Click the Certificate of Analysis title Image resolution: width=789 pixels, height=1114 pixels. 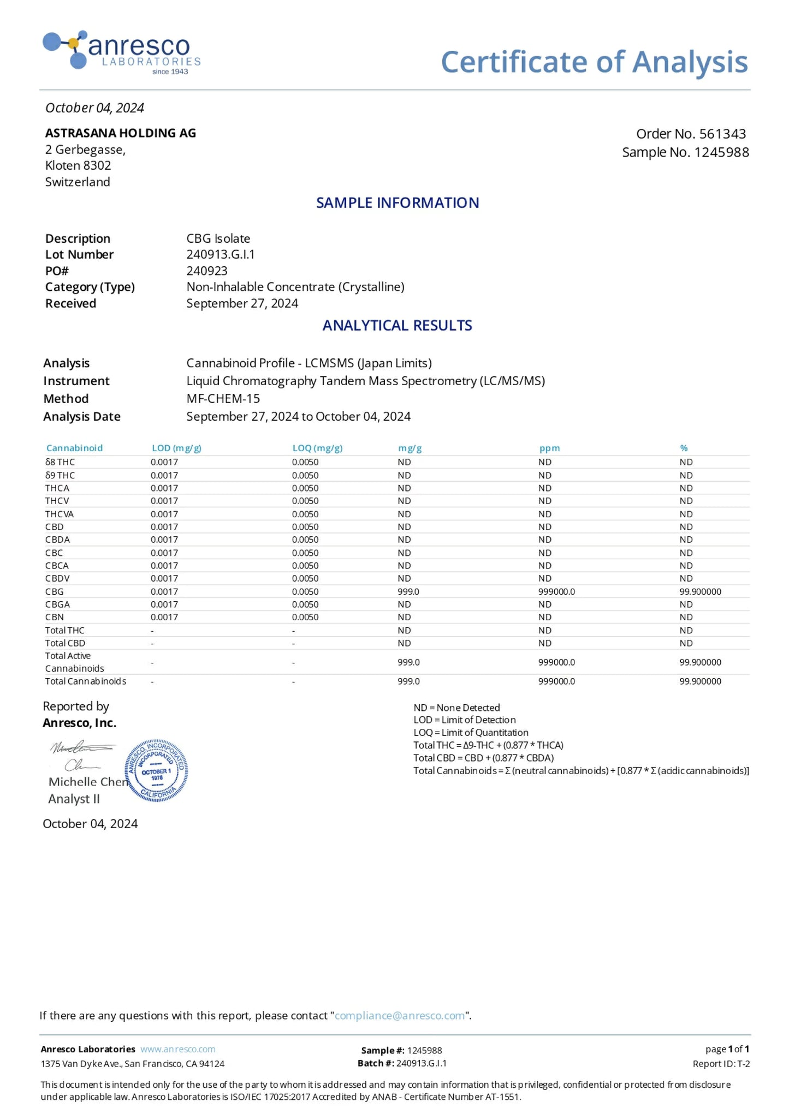[594, 62]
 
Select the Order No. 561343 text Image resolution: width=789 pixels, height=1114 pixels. [691, 134]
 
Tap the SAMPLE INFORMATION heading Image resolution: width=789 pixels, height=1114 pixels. [398, 203]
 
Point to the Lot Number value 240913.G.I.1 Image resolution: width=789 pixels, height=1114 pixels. [221, 255]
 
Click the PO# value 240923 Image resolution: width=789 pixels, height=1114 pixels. [207, 271]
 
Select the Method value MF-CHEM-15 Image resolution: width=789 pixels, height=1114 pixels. [223, 399]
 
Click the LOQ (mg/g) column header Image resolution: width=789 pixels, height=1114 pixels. [317, 448]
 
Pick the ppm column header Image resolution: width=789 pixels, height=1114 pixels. [549, 448]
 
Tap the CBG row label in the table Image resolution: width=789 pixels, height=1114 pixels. [55, 592]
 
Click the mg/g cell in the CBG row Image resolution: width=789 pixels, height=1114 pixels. [408, 592]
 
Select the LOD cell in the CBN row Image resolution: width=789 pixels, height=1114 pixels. [164, 618]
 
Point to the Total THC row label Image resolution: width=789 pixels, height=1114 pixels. [64, 631]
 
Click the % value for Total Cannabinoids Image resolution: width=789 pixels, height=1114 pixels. [700, 681]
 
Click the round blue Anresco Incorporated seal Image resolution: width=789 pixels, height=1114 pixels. [157, 770]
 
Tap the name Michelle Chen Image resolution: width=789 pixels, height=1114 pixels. [88, 782]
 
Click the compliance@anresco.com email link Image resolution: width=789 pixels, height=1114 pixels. [400, 1016]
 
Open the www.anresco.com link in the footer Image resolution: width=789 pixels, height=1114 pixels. [178, 1050]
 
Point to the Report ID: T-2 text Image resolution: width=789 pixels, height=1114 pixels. [721, 1064]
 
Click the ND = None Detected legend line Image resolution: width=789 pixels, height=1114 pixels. [456, 708]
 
